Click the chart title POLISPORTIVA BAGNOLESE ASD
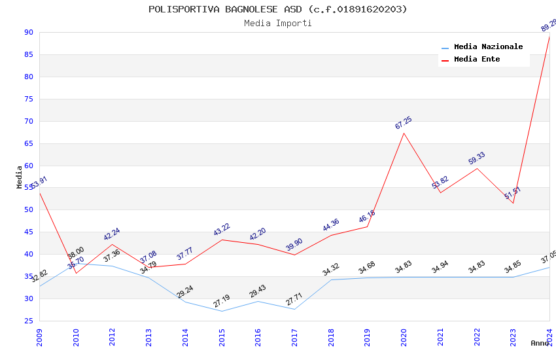coord(277,9)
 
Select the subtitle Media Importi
coord(277,23)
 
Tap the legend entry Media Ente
coord(476,59)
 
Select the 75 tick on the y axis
coord(28,99)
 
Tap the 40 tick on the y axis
coord(28,255)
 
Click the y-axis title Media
coord(20,177)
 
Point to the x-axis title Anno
coord(540,343)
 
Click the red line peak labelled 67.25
coord(404,134)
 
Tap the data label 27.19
coord(221,301)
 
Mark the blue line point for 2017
coord(294,309)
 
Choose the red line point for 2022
coord(477,168)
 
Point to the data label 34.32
coord(330,269)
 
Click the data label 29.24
coord(184,292)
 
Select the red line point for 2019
coord(367,226)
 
